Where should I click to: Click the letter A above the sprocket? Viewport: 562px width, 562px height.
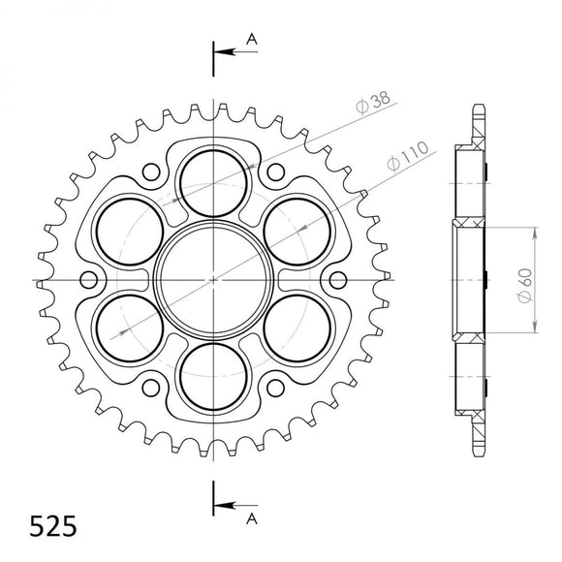click(x=252, y=38)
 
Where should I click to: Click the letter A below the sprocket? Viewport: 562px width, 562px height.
click(x=252, y=520)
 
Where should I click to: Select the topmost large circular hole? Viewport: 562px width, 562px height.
click(x=212, y=182)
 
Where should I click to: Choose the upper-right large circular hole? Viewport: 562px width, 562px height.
click(x=296, y=231)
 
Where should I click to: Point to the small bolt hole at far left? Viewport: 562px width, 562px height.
click(x=89, y=280)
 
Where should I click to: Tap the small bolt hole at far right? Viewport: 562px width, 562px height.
click(x=336, y=280)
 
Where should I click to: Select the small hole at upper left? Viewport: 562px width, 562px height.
click(x=151, y=173)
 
